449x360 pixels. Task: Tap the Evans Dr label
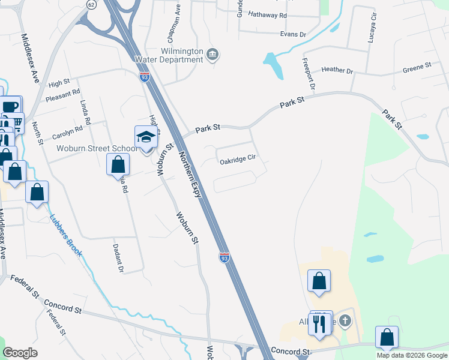click(x=294, y=34)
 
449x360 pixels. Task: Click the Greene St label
click(x=417, y=65)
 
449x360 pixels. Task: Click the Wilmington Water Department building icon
click(x=212, y=55)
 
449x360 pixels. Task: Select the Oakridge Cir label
click(x=238, y=161)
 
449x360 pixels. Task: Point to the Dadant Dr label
click(x=118, y=258)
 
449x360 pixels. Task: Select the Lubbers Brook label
click(x=65, y=236)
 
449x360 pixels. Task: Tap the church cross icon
click(x=345, y=320)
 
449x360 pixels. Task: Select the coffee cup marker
click(x=10, y=106)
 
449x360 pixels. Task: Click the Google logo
click(x=20, y=353)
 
